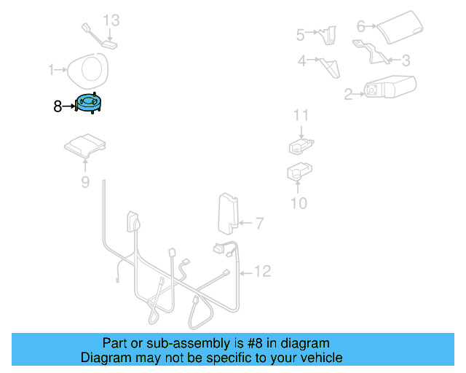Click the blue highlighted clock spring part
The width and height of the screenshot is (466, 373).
(x=90, y=103)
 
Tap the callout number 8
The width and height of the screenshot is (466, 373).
(x=58, y=106)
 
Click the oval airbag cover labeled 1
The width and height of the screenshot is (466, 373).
(x=87, y=70)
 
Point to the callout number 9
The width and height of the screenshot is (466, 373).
(x=85, y=182)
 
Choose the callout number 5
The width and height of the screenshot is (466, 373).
(x=300, y=34)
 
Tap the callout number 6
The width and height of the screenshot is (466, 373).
(x=360, y=27)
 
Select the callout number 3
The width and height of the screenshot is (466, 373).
(x=406, y=60)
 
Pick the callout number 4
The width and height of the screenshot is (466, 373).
(x=301, y=61)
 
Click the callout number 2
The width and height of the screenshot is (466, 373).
(x=348, y=93)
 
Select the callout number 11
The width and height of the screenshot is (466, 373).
(x=301, y=115)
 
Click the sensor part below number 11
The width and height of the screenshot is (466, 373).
(x=301, y=146)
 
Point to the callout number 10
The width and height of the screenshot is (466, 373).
(x=299, y=203)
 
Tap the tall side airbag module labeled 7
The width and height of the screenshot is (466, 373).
(x=228, y=211)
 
